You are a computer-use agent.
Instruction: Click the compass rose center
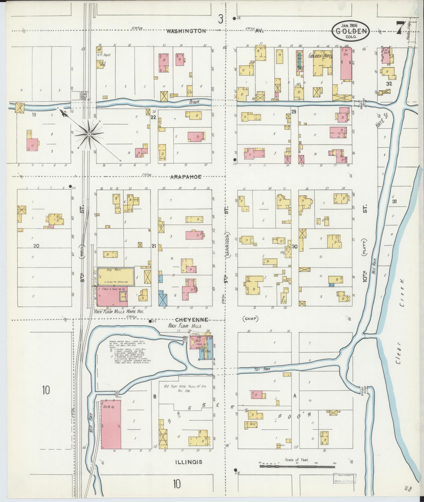[x=89, y=134]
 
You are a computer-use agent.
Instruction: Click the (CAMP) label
[x=250, y=319]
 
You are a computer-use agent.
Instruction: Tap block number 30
[x=294, y=247]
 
